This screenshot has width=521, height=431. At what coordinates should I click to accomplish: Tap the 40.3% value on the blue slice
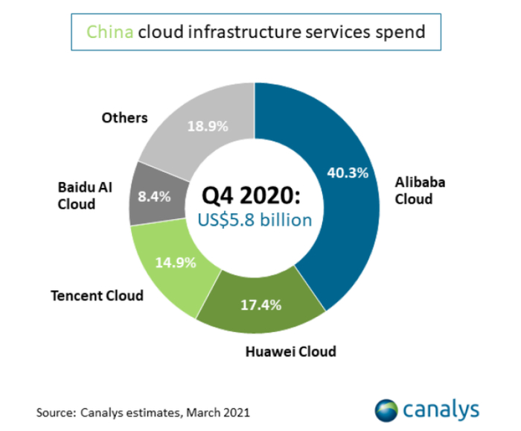click(348, 172)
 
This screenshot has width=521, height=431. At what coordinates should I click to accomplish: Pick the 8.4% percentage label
click(155, 197)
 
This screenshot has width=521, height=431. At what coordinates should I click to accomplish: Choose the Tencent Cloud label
click(97, 295)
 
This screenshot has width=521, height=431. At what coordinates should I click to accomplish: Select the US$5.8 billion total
click(253, 221)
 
